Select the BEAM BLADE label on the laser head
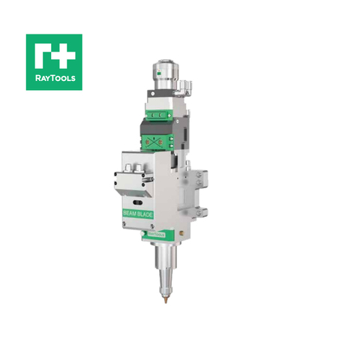click(x=139, y=213)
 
